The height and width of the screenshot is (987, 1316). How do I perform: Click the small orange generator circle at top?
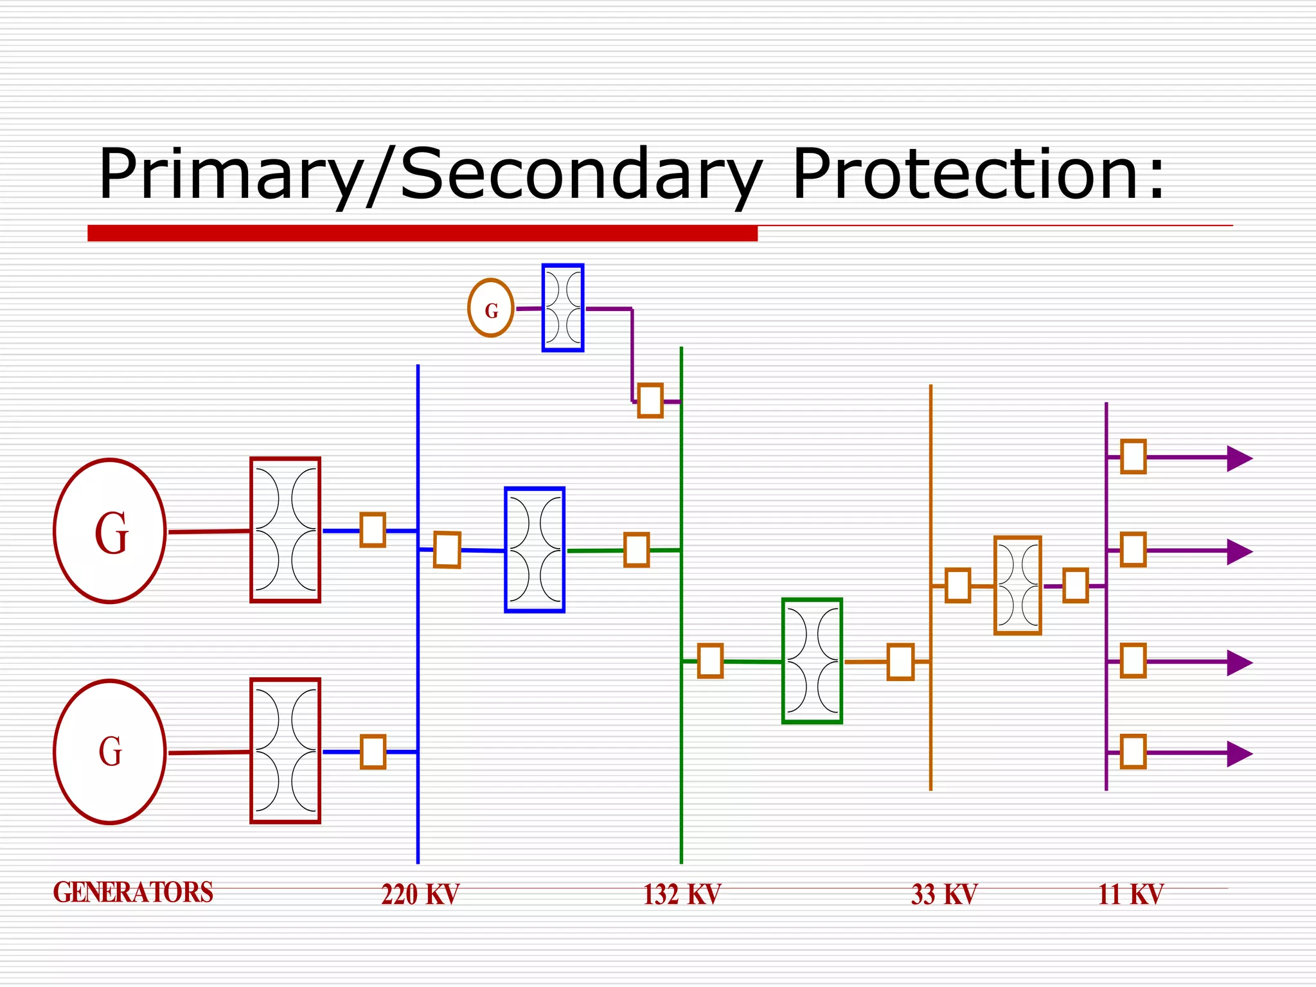point(491,308)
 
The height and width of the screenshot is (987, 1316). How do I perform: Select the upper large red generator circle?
point(110,531)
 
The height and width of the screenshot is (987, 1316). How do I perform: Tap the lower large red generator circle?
point(110,751)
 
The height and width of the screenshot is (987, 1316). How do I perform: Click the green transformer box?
point(812,661)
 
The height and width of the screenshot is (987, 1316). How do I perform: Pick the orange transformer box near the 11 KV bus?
point(1017,585)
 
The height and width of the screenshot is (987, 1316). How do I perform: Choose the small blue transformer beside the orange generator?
point(563,308)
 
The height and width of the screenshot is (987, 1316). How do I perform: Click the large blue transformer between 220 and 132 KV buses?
point(535,550)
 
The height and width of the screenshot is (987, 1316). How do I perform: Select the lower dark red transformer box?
point(285,751)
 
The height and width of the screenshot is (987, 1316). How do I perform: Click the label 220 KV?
point(420,894)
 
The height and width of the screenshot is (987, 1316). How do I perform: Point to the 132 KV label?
point(682,894)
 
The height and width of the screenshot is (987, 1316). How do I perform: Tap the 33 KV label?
point(943,894)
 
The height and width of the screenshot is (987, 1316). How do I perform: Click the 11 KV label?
point(1130,894)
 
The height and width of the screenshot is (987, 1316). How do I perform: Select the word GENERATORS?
point(133,893)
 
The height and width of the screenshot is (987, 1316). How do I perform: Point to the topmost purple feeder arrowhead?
point(1239,458)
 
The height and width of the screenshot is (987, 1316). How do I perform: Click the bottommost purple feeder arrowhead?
point(1239,754)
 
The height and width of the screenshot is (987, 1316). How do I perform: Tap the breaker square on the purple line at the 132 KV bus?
point(650,401)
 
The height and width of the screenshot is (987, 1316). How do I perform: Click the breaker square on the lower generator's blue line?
point(373,752)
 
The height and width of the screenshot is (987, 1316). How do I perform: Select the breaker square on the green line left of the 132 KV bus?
point(636,550)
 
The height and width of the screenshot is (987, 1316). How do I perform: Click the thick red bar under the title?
point(422,233)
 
